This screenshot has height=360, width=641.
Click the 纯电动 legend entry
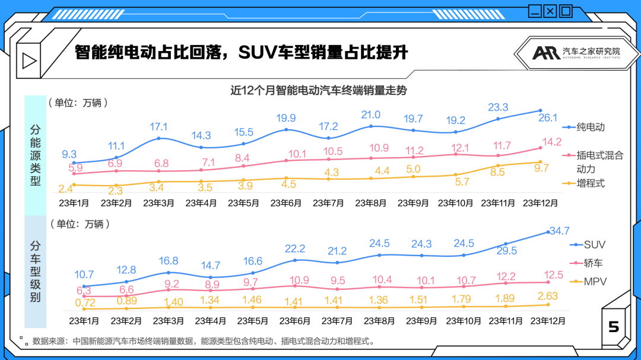pos(590,127)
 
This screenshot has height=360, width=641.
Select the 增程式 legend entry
pos(590,183)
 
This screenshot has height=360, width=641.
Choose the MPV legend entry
pos(595,282)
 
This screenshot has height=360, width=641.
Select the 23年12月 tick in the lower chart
pos(548,321)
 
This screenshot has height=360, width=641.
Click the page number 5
pos(614,327)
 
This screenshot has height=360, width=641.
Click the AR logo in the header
pos(545,52)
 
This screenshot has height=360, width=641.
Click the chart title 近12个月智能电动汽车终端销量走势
pos(319,90)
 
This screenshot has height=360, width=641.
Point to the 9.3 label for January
pos(69,155)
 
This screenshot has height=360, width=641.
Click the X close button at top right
pos(550,11)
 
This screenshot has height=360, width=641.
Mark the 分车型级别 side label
pos(35,271)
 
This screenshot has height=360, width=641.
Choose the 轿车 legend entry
pos(594,263)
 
